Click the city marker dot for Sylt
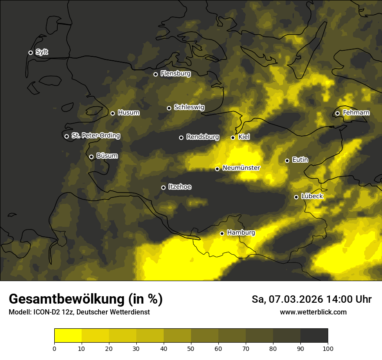(x=30, y=52)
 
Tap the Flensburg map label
(x=175, y=74)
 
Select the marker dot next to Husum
(x=112, y=113)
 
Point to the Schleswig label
(x=189, y=107)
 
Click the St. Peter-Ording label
(x=95, y=136)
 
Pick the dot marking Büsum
(x=91, y=157)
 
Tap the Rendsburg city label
(x=202, y=137)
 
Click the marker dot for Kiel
(x=233, y=137)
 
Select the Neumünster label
(x=241, y=168)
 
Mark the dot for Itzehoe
(x=163, y=187)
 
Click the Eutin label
(x=300, y=160)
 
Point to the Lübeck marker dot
(x=296, y=197)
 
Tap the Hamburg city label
(x=241, y=233)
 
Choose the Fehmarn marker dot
(x=337, y=113)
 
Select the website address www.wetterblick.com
(x=313, y=312)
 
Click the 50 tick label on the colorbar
(x=191, y=348)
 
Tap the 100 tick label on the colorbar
(x=328, y=348)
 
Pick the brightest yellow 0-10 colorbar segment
(x=68, y=335)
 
